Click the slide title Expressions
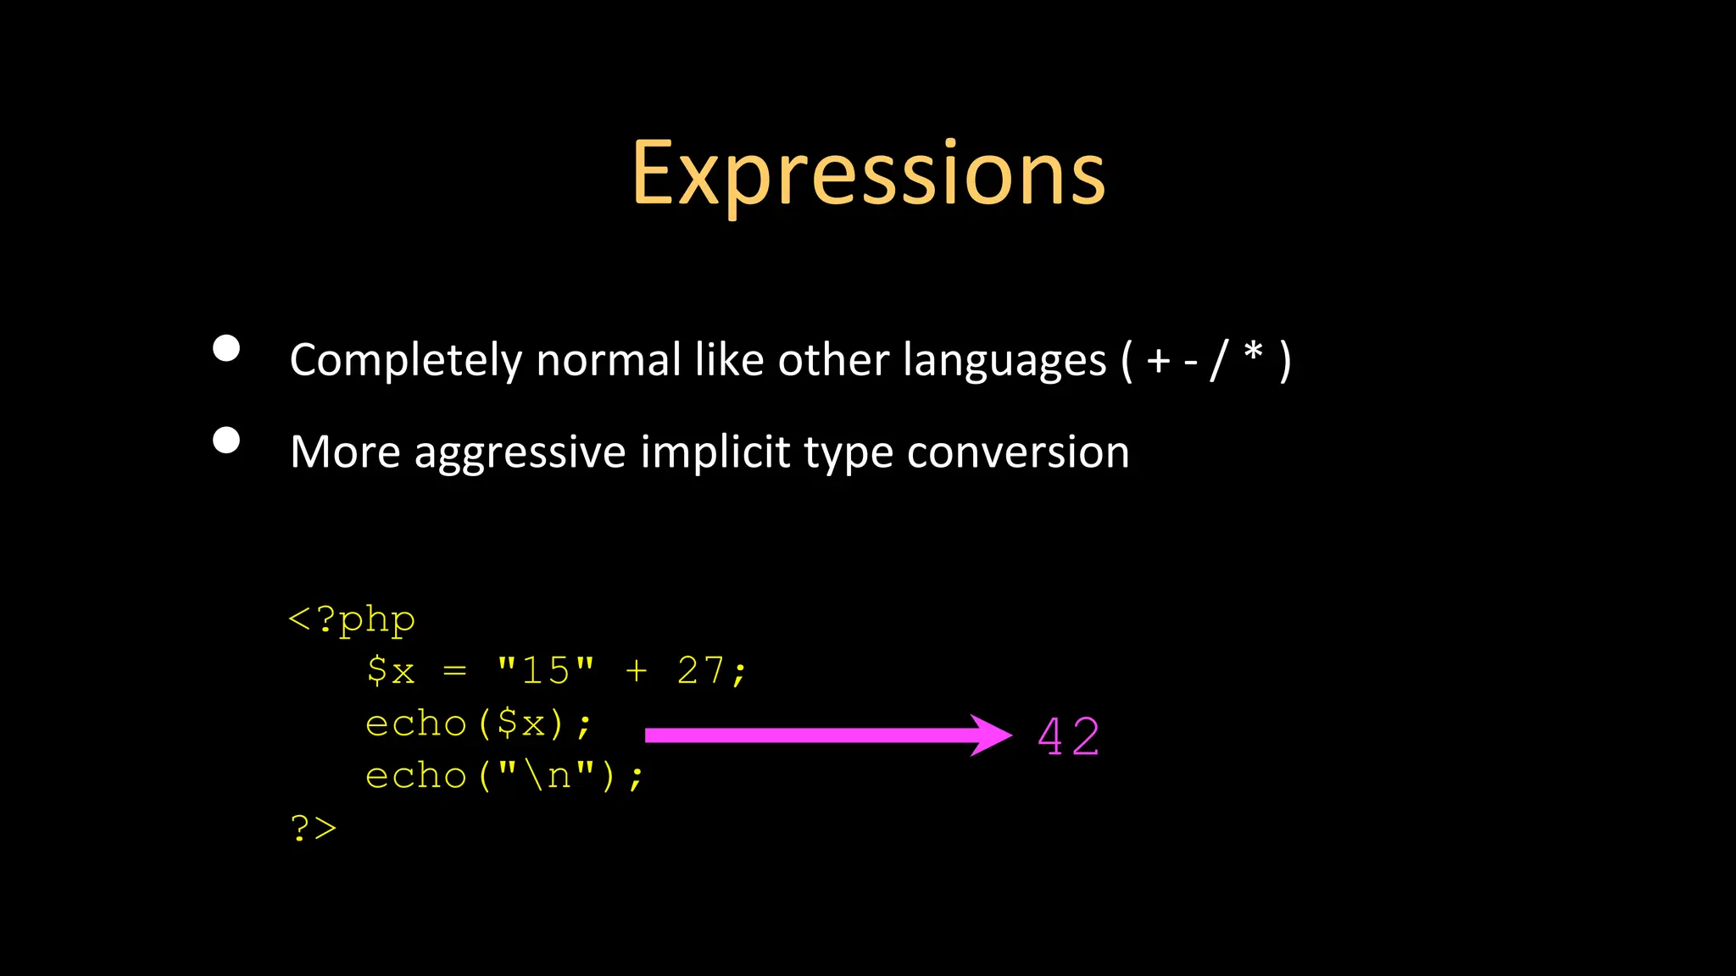tap(868, 174)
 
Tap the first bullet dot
tap(226, 348)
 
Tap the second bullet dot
tap(226, 440)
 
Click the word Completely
tap(405, 360)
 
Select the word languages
tap(1004, 360)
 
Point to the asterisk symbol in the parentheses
tap(1253, 352)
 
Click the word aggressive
tap(520, 452)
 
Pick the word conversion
tap(1017, 452)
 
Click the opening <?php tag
tap(352, 619)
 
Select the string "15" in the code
tap(546, 670)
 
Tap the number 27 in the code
tap(700, 670)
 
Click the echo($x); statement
tap(478, 724)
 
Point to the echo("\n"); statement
tap(504, 775)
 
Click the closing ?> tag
tap(313, 828)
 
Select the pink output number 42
tap(1068, 736)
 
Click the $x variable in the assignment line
tap(391, 670)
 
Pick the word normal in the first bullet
tap(608, 360)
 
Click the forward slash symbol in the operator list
tap(1219, 360)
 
